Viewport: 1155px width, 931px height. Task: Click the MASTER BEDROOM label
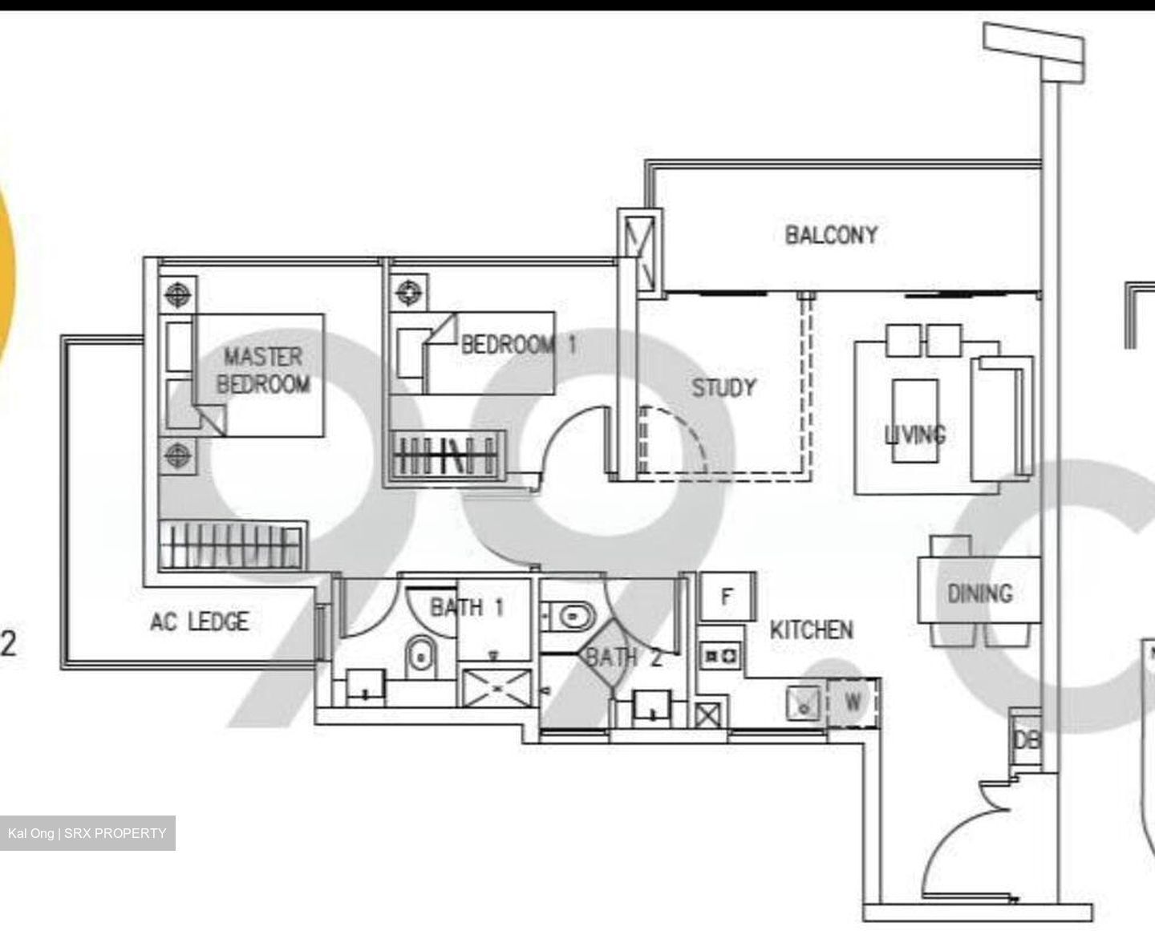click(x=262, y=370)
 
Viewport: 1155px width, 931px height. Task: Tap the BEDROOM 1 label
click(x=518, y=345)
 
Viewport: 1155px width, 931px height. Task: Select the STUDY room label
click(x=723, y=388)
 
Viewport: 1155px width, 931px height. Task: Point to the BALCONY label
click(x=831, y=235)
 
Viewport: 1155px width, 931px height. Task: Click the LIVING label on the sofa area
click(x=914, y=434)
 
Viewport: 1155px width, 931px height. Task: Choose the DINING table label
click(x=979, y=593)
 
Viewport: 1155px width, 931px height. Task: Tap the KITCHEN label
click(x=811, y=629)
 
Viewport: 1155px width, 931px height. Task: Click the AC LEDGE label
click(x=199, y=621)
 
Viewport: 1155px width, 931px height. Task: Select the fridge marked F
click(x=727, y=597)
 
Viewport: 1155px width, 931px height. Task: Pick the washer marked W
click(x=853, y=702)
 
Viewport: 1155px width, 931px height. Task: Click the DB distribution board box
click(x=1025, y=739)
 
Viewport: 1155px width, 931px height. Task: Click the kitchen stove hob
click(x=720, y=656)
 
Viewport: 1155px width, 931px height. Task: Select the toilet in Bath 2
click(x=572, y=617)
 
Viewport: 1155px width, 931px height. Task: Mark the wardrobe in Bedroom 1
click(x=446, y=456)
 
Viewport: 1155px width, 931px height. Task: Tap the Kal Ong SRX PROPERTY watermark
click(x=87, y=833)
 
